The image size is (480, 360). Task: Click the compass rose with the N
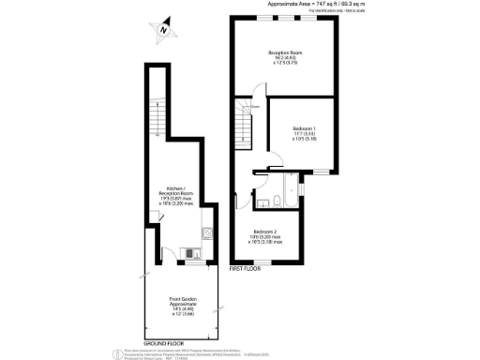[163, 31]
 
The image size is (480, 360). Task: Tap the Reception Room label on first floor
[285, 57]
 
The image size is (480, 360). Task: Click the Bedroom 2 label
[265, 235]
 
